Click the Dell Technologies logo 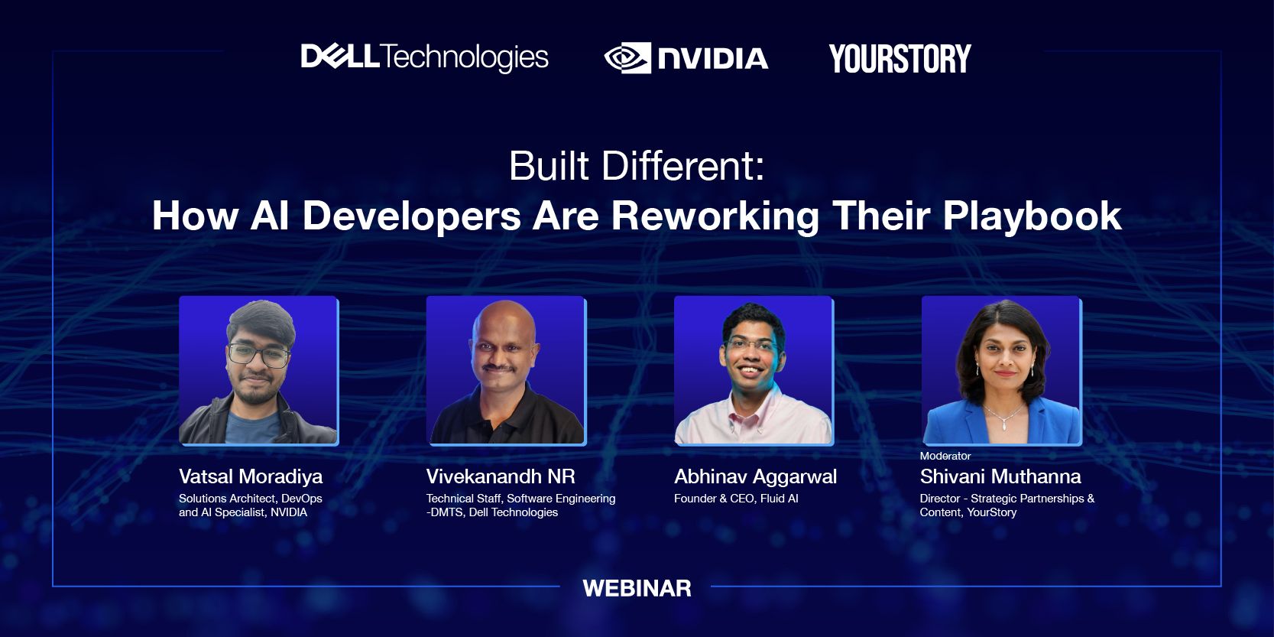point(424,57)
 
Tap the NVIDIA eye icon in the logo point(627,58)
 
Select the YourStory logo point(900,59)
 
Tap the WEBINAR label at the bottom point(637,588)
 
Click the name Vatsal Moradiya point(251,476)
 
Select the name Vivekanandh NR point(501,476)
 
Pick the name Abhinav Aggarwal point(755,476)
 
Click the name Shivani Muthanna point(1000,476)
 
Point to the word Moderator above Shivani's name point(945,456)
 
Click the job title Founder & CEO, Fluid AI point(736,499)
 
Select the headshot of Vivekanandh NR point(505,370)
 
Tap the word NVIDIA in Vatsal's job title point(289,512)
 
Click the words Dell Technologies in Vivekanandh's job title point(513,512)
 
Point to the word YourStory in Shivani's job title point(991,512)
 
